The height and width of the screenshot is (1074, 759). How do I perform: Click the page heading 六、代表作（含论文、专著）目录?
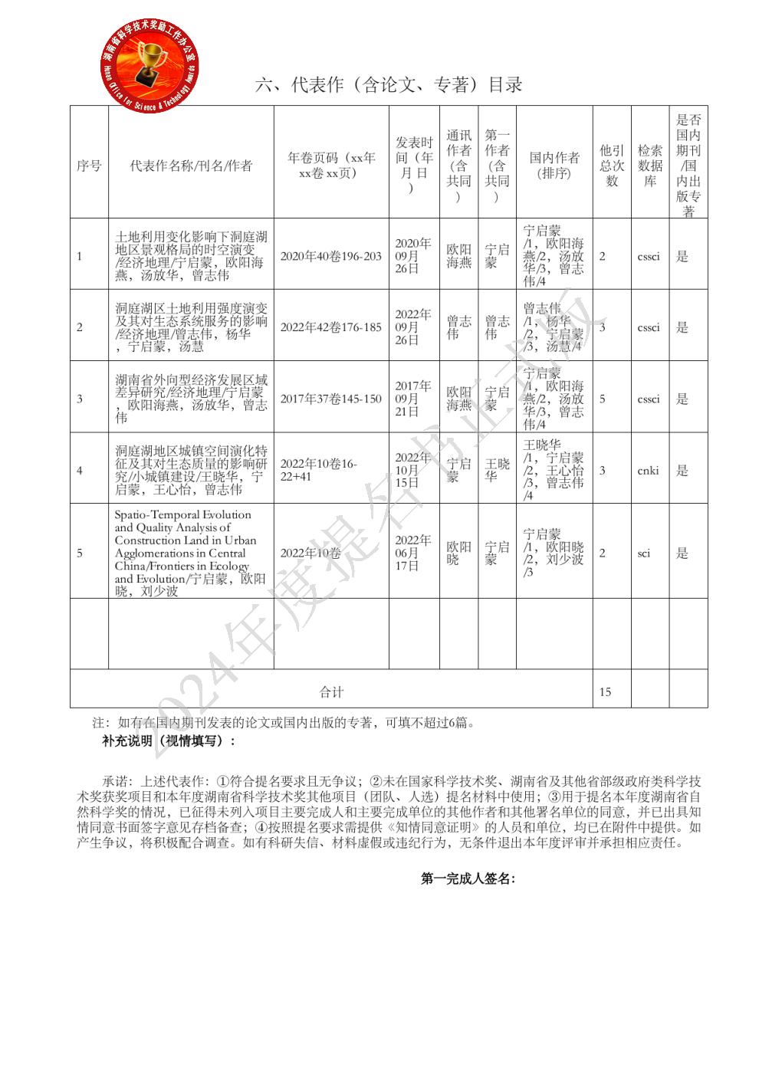pos(389,85)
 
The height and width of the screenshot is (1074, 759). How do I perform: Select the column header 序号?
pos(89,166)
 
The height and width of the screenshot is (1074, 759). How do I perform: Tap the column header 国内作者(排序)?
pos(554,166)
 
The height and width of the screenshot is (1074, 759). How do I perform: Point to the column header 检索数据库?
pos(649,166)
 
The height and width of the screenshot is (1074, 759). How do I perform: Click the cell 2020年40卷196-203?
pos(330,256)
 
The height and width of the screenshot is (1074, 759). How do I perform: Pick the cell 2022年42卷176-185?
pos(330,327)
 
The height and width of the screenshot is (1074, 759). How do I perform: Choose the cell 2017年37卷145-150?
pos(330,399)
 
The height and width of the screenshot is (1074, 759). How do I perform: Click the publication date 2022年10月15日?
pos(412,470)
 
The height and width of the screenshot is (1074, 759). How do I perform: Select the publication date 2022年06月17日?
pos(412,553)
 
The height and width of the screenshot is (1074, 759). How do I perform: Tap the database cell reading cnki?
pos(648,471)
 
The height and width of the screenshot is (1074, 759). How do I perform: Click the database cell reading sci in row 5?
pos(644,553)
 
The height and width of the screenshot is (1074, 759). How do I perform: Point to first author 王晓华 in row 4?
pos(497,470)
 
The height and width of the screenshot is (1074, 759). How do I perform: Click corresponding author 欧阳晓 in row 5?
pos(458,553)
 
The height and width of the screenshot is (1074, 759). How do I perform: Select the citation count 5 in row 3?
pos(603,399)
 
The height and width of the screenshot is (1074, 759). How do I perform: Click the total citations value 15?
pos(606,692)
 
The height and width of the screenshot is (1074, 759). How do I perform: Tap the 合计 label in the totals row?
pos(331,692)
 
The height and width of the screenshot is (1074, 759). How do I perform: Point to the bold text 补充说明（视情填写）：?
pos(169,741)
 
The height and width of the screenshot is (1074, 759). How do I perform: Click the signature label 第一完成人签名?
pos(468,879)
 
